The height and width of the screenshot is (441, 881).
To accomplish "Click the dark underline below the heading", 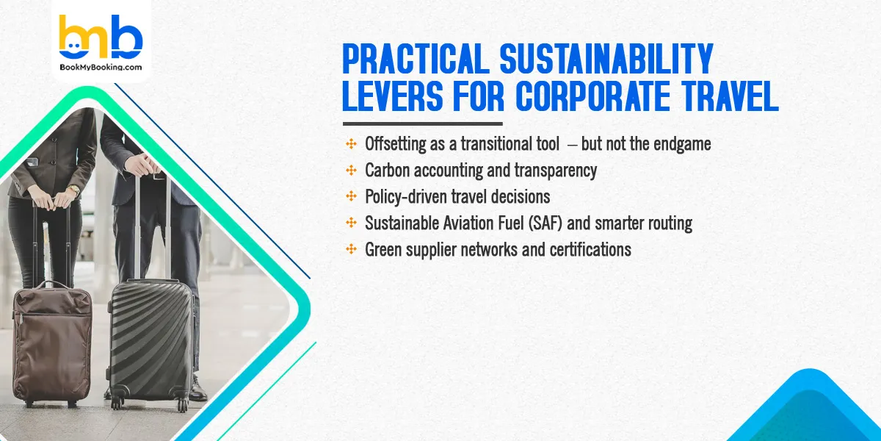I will click(422, 123).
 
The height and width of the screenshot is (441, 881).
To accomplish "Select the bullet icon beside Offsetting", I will click(352, 143).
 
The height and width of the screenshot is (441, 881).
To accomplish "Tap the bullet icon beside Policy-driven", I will click(352, 196).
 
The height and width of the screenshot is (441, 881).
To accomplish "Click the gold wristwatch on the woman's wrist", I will click(73, 190).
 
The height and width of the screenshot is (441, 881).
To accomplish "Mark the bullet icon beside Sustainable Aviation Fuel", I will click(352, 223).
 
